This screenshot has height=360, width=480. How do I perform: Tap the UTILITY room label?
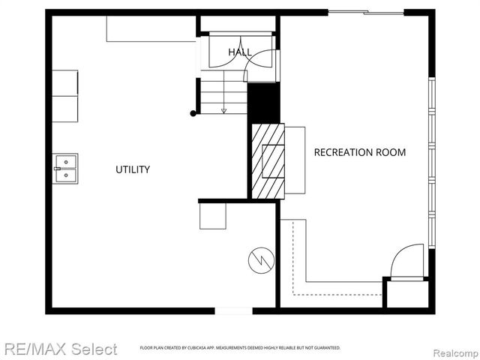[133, 169]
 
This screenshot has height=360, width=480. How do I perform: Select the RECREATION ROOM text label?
[359, 152]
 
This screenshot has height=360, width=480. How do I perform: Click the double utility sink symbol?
[65, 169]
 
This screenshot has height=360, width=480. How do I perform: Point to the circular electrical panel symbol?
[261, 260]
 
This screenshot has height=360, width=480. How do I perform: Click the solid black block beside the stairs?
[263, 103]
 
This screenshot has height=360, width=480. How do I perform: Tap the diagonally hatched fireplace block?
[268, 162]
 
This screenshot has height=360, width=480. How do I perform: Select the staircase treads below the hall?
[223, 93]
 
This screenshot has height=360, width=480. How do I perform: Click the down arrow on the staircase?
[223, 110]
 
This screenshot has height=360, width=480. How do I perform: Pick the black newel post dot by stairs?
[193, 113]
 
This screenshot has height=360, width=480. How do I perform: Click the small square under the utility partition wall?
[212, 217]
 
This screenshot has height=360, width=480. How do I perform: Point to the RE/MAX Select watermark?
[60, 349]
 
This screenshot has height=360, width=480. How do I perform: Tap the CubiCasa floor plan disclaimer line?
[240, 348]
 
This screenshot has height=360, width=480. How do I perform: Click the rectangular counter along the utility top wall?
[151, 29]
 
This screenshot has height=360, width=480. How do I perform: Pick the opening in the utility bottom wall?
[234, 310]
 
